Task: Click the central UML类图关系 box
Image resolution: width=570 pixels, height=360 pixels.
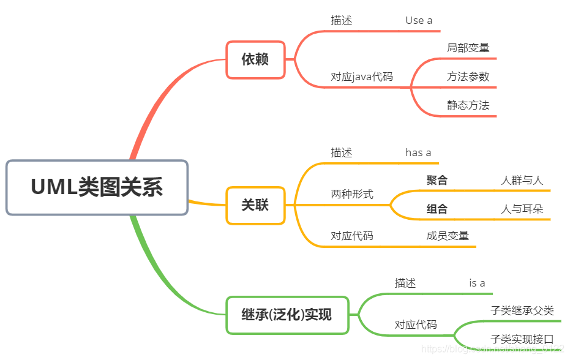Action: click(x=97, y=187)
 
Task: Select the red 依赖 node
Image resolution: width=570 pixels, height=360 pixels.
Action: click(x=255, y=59)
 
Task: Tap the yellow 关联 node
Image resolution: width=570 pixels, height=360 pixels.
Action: click(x=255, y=205)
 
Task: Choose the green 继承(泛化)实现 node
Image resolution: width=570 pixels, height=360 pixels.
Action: click(x=287, y=315)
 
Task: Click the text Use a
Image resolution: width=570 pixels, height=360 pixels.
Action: click(x=419, y=20)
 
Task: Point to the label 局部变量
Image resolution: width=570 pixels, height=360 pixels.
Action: click(x=468, y=47)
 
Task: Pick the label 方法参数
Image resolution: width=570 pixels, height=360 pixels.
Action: click(x=468, y=77)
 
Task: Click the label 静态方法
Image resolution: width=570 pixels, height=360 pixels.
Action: click(x=468, y=105)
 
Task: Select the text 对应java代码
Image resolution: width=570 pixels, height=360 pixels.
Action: click(x=362, y=77)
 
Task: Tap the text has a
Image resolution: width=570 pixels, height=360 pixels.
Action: click(x=418, y=152)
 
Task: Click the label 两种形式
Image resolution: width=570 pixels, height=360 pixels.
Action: click(x=352, y=194)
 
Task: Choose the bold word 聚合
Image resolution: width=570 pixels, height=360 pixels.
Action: click(x=437, y=180)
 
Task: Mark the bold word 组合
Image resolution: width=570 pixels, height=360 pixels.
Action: click(x=437, y=209)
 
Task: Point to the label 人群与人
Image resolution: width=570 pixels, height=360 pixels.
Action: click(x=522, y=180)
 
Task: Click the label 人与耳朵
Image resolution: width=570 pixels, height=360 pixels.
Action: click(x=522, y=209)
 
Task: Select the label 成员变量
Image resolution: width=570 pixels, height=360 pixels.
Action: click(x=448, y=236)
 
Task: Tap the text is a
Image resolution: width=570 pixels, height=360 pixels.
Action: click(x=477, y=283)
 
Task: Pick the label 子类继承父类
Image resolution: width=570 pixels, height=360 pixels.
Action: click(x=522, y=310)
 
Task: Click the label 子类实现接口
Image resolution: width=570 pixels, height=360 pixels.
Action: click(x=522, y=339)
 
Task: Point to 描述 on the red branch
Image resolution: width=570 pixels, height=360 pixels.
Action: click(x=342, y=20)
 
